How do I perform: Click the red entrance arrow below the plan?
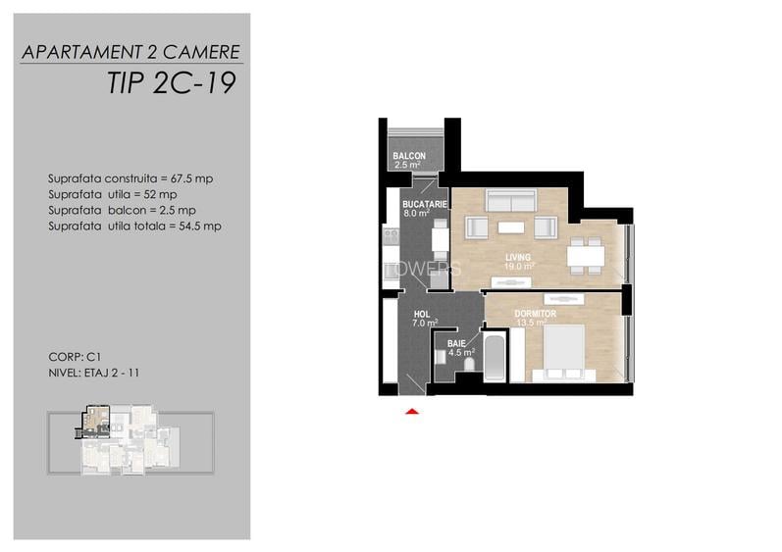click(412, 412)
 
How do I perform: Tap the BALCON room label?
click(409, 156)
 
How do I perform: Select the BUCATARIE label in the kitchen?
click(425, 204)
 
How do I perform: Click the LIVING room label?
click(518, 257)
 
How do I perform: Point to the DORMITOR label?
click(535, 314)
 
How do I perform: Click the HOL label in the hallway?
click(422, 315)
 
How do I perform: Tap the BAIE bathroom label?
click(456, 344)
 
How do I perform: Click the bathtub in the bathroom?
click(495, 358)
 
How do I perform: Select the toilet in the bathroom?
click(469, 364)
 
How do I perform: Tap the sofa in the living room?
click(511, 200)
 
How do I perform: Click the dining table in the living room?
click(586, 256)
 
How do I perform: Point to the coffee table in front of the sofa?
click(511, 227)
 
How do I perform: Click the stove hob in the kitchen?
click(391, 235)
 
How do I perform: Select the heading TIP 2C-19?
click(171, 82)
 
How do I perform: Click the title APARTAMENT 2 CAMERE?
click(131, 52)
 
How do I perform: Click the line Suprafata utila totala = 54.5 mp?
click(134, 226)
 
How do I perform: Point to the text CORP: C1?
click(75, 357)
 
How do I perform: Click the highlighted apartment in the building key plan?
click(94, 422)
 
